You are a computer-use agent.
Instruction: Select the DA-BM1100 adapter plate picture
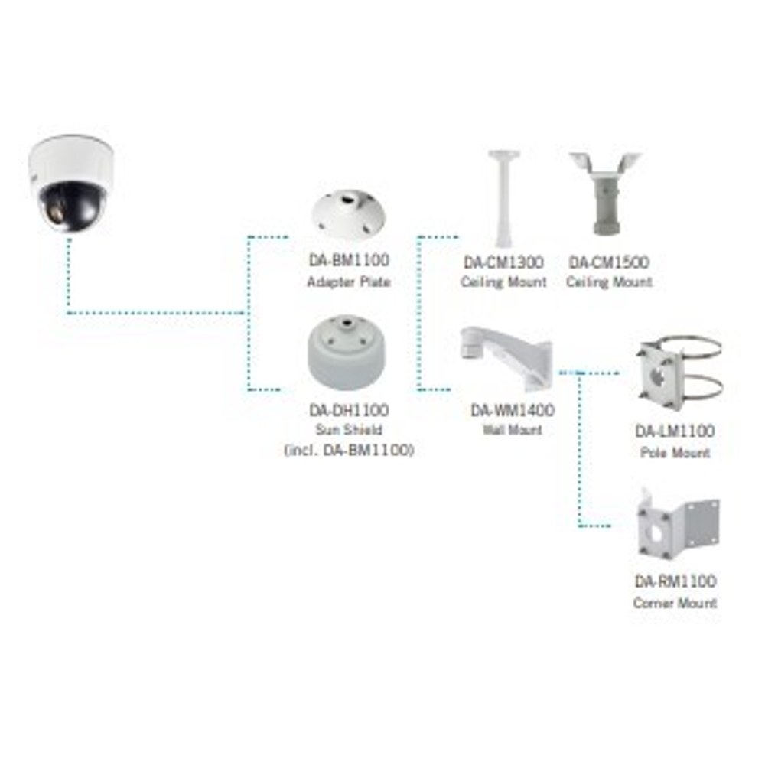pos(348,213)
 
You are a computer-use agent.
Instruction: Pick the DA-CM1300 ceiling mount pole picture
pos(503,199)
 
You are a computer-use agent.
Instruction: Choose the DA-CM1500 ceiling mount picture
pos(606,194)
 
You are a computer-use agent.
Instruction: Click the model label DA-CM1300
pos(503,262)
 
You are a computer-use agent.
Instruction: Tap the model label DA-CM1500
pos(609,262)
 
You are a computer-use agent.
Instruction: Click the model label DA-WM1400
pos(513,410)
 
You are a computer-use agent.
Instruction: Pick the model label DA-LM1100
pos(675,431)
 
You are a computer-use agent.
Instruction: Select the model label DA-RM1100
pos(675,581)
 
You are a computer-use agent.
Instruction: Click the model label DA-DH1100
pos(349,410)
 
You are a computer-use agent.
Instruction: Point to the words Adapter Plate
pos(348,282)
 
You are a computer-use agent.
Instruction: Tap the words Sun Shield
pos(348,430)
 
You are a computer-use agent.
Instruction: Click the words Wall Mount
pos(513,430)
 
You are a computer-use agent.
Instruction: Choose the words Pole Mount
pos(675,453)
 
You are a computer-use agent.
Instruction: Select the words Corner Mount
pos(675,603)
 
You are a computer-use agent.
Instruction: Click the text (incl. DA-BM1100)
pos(349,450)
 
